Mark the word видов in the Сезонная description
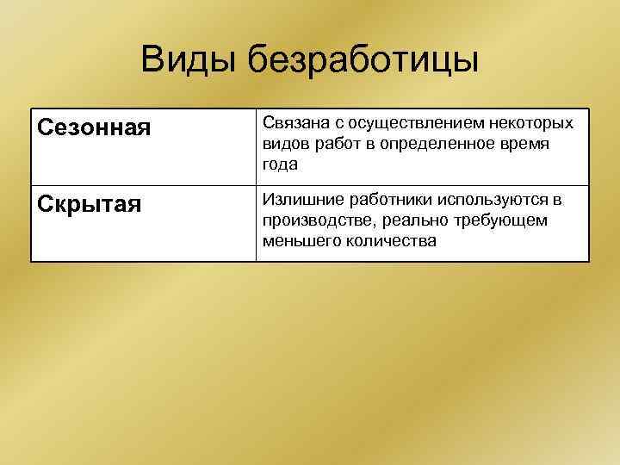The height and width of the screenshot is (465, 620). point(283,144)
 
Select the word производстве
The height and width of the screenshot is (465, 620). point(313,220)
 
